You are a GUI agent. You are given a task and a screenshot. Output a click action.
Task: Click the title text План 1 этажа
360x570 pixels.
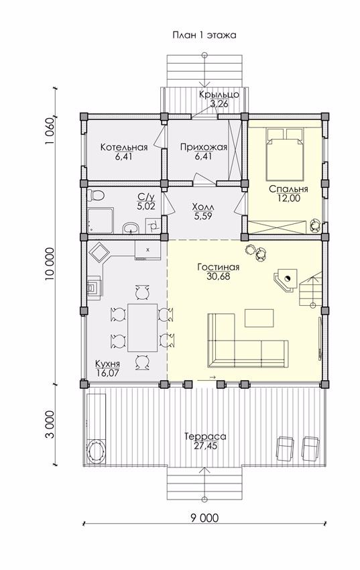click(204, 36)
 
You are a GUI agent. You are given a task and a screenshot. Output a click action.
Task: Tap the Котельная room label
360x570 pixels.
click(124, 148)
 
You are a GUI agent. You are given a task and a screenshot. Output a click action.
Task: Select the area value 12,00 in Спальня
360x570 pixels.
click(290, 198)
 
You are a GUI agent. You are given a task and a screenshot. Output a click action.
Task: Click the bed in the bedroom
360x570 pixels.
click(285, 154)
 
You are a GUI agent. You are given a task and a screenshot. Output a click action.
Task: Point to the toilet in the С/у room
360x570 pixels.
click(97, 194)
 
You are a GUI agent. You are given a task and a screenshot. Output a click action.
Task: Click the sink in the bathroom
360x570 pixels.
click(131, 228)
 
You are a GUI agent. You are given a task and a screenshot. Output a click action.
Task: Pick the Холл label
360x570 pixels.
click(203, 207)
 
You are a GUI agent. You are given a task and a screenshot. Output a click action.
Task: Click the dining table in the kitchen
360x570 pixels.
click(142, 327)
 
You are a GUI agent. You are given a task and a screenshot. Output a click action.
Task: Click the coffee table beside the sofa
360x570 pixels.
click(259, 318)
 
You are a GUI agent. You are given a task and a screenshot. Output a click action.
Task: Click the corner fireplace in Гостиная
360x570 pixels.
click(286, 279)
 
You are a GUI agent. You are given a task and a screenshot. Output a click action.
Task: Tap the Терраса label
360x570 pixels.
click(205, 437)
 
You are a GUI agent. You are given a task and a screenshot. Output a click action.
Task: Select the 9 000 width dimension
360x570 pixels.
click(204, 518)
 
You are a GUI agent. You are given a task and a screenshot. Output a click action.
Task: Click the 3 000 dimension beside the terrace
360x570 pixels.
click(50, 424)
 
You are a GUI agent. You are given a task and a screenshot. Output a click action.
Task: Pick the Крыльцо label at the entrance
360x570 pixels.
click(219, 95)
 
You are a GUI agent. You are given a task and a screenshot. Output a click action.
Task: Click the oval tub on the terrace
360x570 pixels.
click(96, 451)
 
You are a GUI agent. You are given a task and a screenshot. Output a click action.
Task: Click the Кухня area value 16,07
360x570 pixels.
click(107, 373)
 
